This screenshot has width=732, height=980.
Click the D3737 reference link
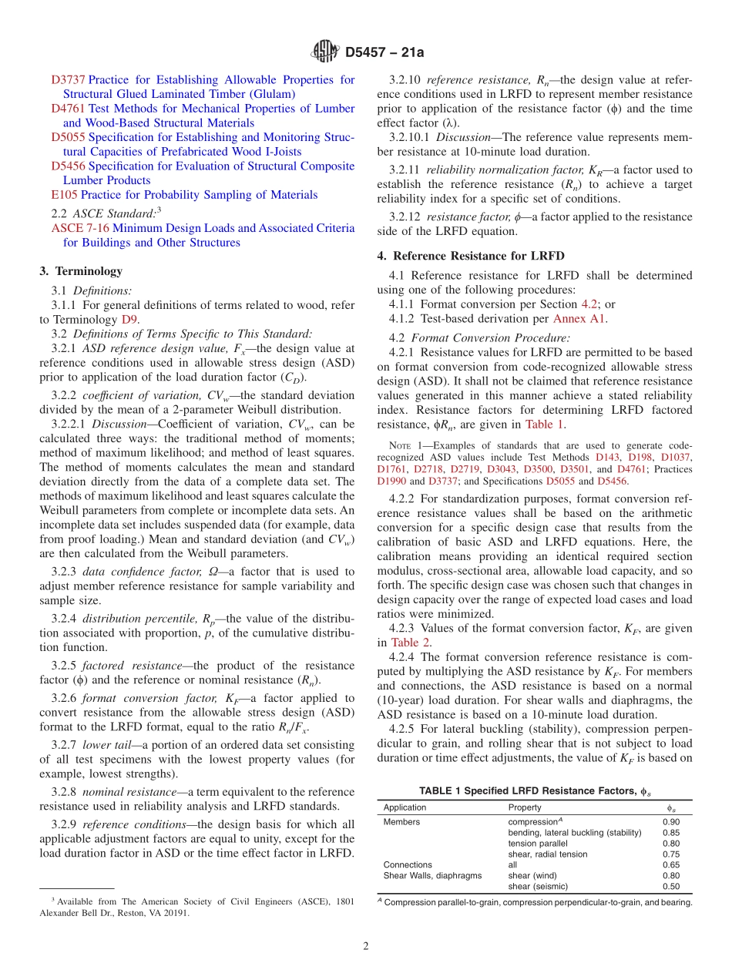[x=68, y=80]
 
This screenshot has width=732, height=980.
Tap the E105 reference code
[x=64, y=195]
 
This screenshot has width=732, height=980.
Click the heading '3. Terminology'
[x=80, y=271]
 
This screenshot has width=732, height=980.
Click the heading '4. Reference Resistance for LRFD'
[x=478, y=256]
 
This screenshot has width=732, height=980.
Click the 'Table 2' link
[x=410, y=643]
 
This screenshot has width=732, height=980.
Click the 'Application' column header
[x=405, y=807]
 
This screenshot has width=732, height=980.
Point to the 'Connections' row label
[x=408, y=865]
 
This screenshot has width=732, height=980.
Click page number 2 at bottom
[x=366, y=947]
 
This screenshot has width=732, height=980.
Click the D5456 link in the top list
[x=68, y=166]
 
